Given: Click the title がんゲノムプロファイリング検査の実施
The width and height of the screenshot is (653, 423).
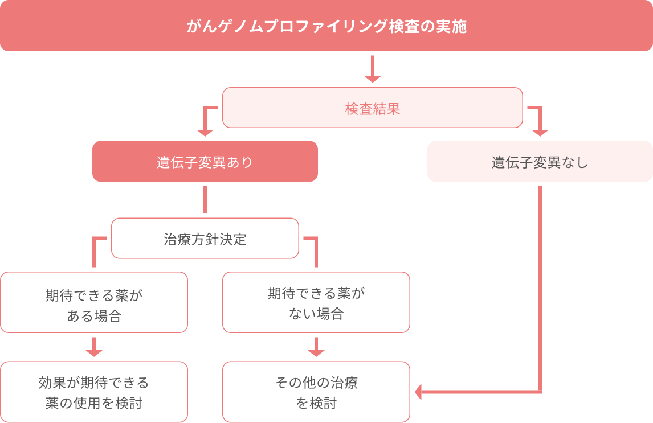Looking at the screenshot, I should (326, 26).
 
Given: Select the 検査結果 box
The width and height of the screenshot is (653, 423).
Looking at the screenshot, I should (372, 108).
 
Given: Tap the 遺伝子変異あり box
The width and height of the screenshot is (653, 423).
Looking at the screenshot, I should (205, 162).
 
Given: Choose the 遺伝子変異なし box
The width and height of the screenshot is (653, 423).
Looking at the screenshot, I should (540, 162).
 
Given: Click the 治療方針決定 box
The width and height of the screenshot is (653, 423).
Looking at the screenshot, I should (205, 239).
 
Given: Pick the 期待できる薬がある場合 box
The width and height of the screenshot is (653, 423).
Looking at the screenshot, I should (93, 302).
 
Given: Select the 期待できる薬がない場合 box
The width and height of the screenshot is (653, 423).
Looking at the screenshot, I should (316, 302).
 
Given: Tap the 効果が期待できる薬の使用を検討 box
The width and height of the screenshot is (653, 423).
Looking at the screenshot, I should (93, 392).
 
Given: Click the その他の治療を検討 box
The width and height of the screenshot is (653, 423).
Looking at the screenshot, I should (316, 392).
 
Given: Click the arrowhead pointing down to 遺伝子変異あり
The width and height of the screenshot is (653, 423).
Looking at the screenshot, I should (205, 133).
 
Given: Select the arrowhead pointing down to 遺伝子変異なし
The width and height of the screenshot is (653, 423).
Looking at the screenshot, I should (540, 133).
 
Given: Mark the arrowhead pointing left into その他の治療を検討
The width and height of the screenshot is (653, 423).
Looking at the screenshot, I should (419, 392).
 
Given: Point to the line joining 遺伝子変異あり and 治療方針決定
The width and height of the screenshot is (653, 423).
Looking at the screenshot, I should (205, 199).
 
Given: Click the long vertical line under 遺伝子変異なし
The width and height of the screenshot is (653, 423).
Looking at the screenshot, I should (540, 285).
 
